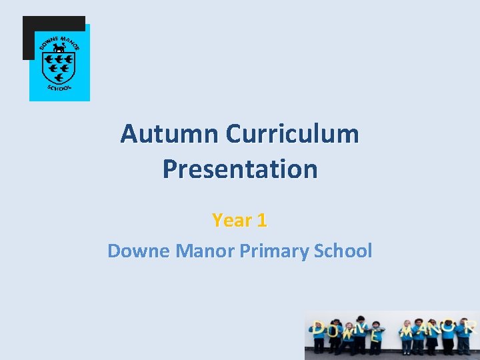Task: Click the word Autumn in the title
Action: pyautogui.click(x=170, y=134)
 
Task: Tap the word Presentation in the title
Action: pyautogui.click(x=240, y=169)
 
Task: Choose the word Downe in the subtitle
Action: pyautogui.click(x=137, y=251)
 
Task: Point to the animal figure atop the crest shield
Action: pyautogui.click(x=59, y=48)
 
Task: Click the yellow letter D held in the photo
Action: pyautogui.click(x=319, y=328)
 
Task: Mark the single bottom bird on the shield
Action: pyautogui.click(x=59, y=77)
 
